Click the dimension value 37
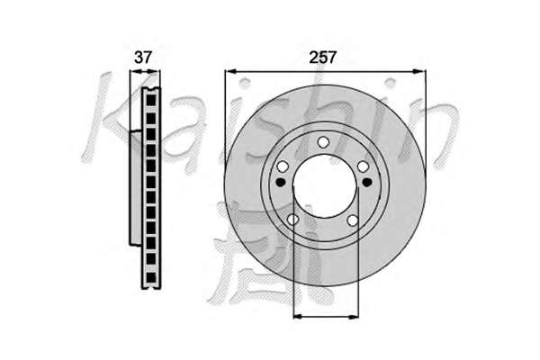point(142,58)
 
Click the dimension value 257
point(322,58)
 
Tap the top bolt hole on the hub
point(323,142)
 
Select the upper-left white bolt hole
point(283,167)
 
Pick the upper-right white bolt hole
point(364,167)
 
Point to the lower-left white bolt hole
point(292,220)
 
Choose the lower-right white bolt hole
point(353,220)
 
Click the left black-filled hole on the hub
point(281,182)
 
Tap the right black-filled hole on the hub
point(367,182)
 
